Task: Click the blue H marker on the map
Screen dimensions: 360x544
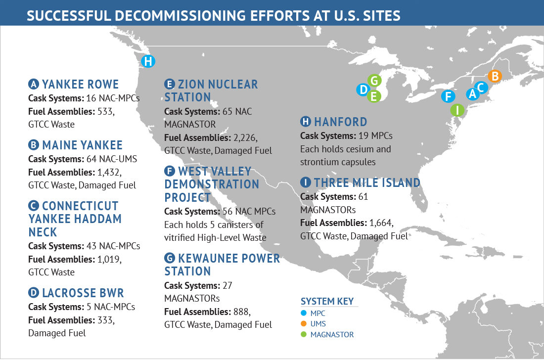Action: pyautogui.click(x=147, y=62)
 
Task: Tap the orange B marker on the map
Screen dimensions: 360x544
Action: pyautogui.click(x=494, y=76)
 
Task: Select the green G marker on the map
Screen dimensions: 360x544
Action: pyautogui.click(x=375, y=81)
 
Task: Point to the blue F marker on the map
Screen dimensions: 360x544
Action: pyautogui.click(x=448, y=96)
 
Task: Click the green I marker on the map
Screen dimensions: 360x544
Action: pyautogui.click(x=457, y=110)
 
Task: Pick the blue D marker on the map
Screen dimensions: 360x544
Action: pyautogui.click(x=363, y=90)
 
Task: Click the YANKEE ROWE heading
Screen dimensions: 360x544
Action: pyautogui.click(x=80, y=84)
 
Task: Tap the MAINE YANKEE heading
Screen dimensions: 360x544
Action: pyautogui.click(x=82, y=145)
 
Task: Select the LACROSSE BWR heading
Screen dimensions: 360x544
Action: pyautogui.click(x=83, y=293)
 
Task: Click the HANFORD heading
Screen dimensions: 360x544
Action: pyautogui.click(x=340, y=122)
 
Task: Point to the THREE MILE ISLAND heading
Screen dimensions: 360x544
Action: pyautogui.click(x=366, y=183)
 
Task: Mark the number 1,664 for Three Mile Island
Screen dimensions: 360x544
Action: pyautogui.click(x=382, y=223)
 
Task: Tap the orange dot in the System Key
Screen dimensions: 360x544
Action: pyautogui.click(x=304, y=324)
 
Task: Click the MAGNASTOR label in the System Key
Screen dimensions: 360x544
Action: pyautogui.click(x=332, y=335)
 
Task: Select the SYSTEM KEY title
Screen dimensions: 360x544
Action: pyautogui.click(x=327, y=302)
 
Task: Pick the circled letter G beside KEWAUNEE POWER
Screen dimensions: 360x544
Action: pyautogui.click(x=170, y=258)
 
